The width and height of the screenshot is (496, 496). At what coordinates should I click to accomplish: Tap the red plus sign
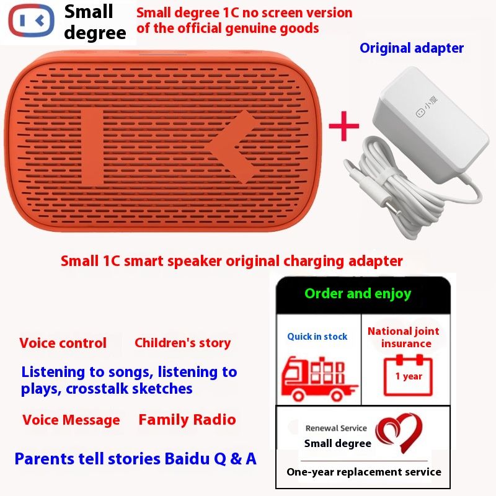click(x=343, y=125)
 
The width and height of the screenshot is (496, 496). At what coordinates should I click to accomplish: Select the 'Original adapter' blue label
click(x=412, y=48)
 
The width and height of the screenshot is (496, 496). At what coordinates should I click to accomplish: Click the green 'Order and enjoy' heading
click(x=358, y=293)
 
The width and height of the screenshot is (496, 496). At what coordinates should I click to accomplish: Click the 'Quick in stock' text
click(x=317, y=337)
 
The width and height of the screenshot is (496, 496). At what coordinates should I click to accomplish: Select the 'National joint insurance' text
click(x=404, y=337)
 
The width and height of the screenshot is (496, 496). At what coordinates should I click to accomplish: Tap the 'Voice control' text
click(x=63, y=343)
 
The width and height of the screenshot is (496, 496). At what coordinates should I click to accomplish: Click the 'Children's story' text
click(x=182, y=343)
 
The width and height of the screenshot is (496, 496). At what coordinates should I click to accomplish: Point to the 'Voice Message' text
click(x=71, y=420)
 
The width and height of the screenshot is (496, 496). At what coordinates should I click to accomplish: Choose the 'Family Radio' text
click(x=187, y=420)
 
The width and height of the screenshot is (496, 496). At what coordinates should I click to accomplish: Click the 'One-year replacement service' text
click(x=364, y=472)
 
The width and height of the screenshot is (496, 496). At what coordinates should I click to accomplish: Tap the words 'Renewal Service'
click(x=336, y=428)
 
